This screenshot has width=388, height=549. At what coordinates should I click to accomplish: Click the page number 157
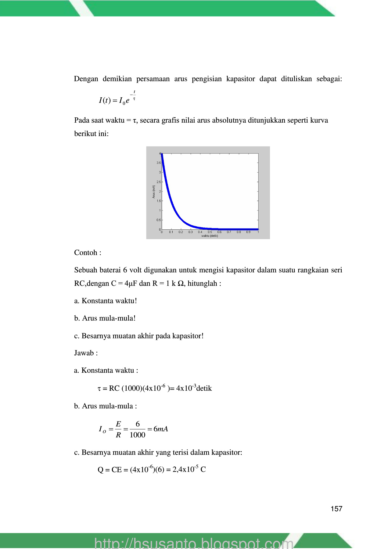[336, 509]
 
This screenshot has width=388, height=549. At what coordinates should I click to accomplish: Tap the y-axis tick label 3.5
[159, 163]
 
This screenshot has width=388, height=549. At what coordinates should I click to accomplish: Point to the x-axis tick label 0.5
[210, 232]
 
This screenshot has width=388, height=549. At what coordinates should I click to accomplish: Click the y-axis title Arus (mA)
[154, 192]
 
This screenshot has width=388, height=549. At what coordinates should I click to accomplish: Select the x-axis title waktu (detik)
[210, 236]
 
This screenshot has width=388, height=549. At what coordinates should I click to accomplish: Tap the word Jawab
[84, 353]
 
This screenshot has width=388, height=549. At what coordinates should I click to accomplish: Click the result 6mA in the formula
[161, 429]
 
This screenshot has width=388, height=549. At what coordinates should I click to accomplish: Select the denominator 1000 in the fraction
[137, 435]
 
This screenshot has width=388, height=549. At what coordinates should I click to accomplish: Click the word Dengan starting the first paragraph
[86, 79]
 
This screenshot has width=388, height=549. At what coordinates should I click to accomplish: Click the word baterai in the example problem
[109, 270]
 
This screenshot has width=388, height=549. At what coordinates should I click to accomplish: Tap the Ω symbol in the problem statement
[181, 284]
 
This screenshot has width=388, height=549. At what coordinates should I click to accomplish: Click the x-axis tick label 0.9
[248, 232]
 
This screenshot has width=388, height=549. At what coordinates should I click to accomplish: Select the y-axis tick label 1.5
[159, 201]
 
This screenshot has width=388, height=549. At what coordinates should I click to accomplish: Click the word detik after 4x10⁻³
[204, 389]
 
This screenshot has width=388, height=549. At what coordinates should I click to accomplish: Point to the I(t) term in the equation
[105, 100]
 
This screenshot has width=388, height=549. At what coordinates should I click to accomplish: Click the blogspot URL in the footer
[194, 543]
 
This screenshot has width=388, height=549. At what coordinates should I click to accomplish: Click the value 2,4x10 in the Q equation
[184, 470]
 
